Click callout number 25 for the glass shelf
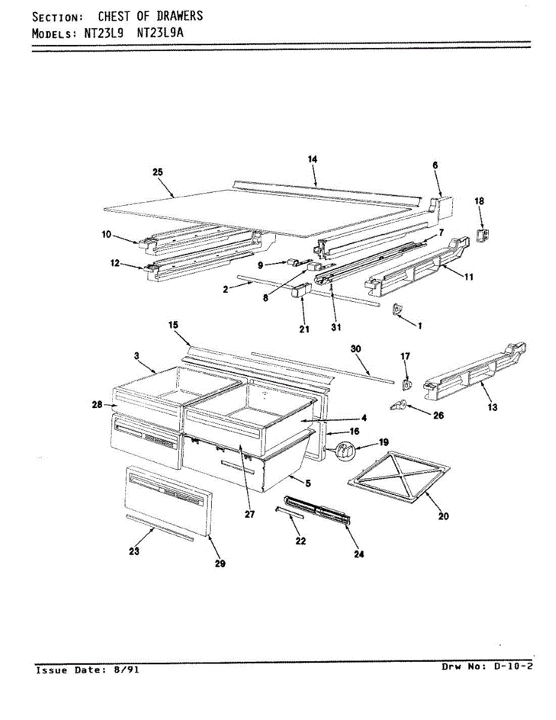(x=158, y=172)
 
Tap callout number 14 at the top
(x=312, y=159)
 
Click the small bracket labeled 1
(x=397, y=309)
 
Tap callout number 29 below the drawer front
(x=221, y=564)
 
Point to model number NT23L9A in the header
(x=160, y=34)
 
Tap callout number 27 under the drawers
(x=250, y=514)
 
